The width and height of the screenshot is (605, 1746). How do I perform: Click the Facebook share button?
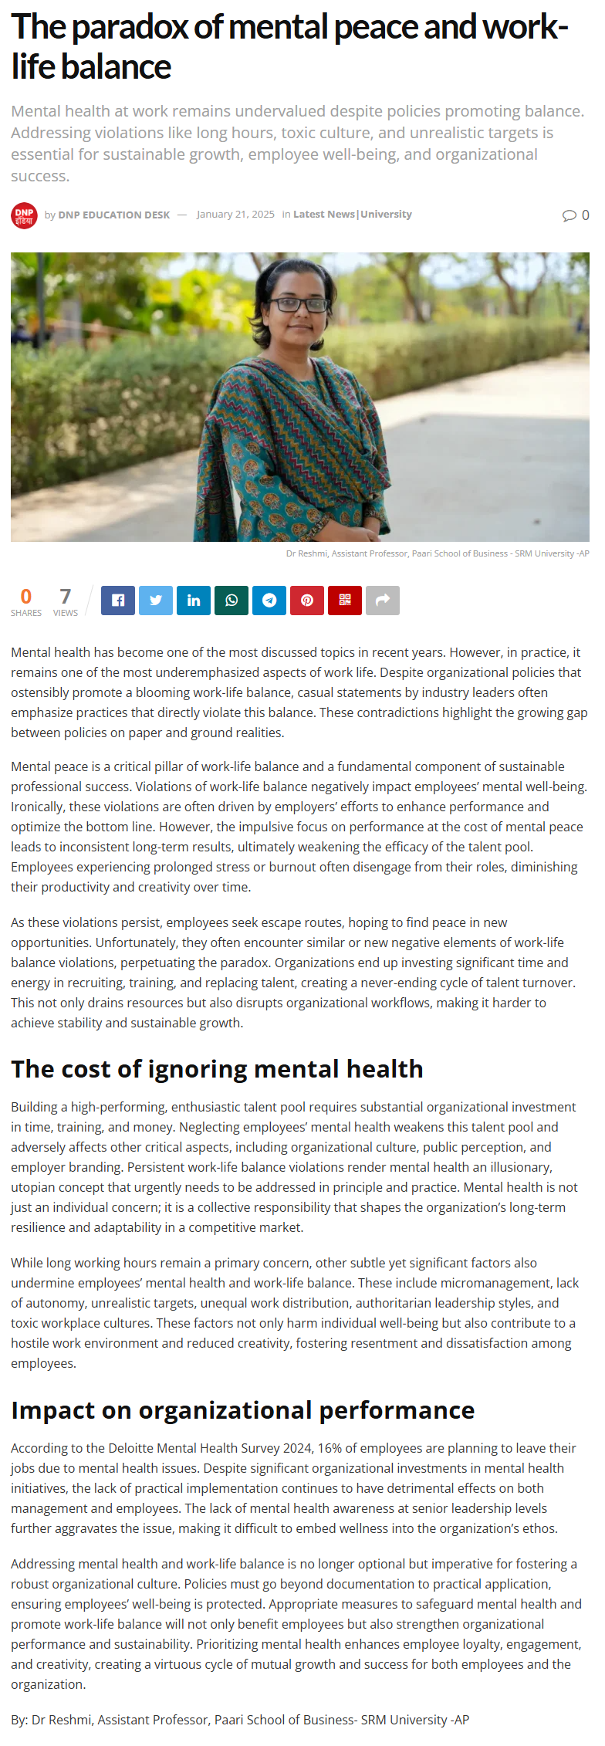click(x=118, y=601)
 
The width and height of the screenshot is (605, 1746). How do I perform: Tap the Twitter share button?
click(x=156, y=601)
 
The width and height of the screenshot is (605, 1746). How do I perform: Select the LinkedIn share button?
click(x=194, y=601)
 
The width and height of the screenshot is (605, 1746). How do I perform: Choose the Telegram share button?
click(x=269, y=601)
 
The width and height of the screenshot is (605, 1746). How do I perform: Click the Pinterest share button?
click(x=307, y=601)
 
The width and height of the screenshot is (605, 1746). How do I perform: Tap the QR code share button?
click(x=345, y=601)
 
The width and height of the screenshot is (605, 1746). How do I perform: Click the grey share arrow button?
click(x=383, y=601)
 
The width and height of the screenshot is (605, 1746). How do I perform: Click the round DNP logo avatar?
click(x=24, y=215)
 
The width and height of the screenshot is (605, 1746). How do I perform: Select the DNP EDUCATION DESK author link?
click(x=113, y=215)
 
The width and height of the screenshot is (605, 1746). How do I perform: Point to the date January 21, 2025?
click(x=235, y=215)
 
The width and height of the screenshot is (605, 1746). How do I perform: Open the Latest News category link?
click(x=324, y=215)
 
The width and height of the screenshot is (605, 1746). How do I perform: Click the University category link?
click(x=386, y=215)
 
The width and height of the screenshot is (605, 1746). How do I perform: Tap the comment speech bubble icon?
click(x=570, y=215)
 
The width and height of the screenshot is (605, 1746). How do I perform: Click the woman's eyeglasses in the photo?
click(x=300, y=304)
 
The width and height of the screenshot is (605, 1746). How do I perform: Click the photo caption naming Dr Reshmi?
click(x=438, y=553)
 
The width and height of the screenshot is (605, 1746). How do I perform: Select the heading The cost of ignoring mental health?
click(x=217, y=1069)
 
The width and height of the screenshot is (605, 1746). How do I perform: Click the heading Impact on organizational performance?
click(x=242, y=1410)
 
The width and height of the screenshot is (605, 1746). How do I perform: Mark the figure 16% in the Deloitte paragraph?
click(x=330, y=1448)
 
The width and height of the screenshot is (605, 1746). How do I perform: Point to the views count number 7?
click(x=66, y=597)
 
